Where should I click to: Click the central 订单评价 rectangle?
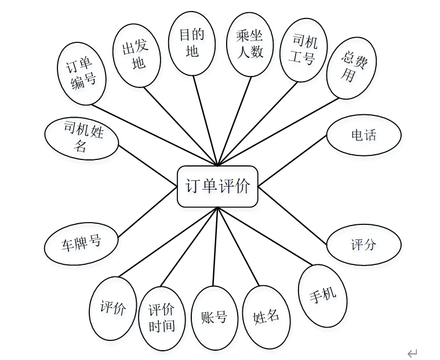217,186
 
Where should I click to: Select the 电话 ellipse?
363,136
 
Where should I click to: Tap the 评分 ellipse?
363,244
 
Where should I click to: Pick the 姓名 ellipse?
266,316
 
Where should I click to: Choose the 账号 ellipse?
214,318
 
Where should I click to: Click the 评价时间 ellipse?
162,318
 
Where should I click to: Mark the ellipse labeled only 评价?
113,308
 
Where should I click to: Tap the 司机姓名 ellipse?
82,139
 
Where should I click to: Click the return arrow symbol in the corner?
412,353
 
